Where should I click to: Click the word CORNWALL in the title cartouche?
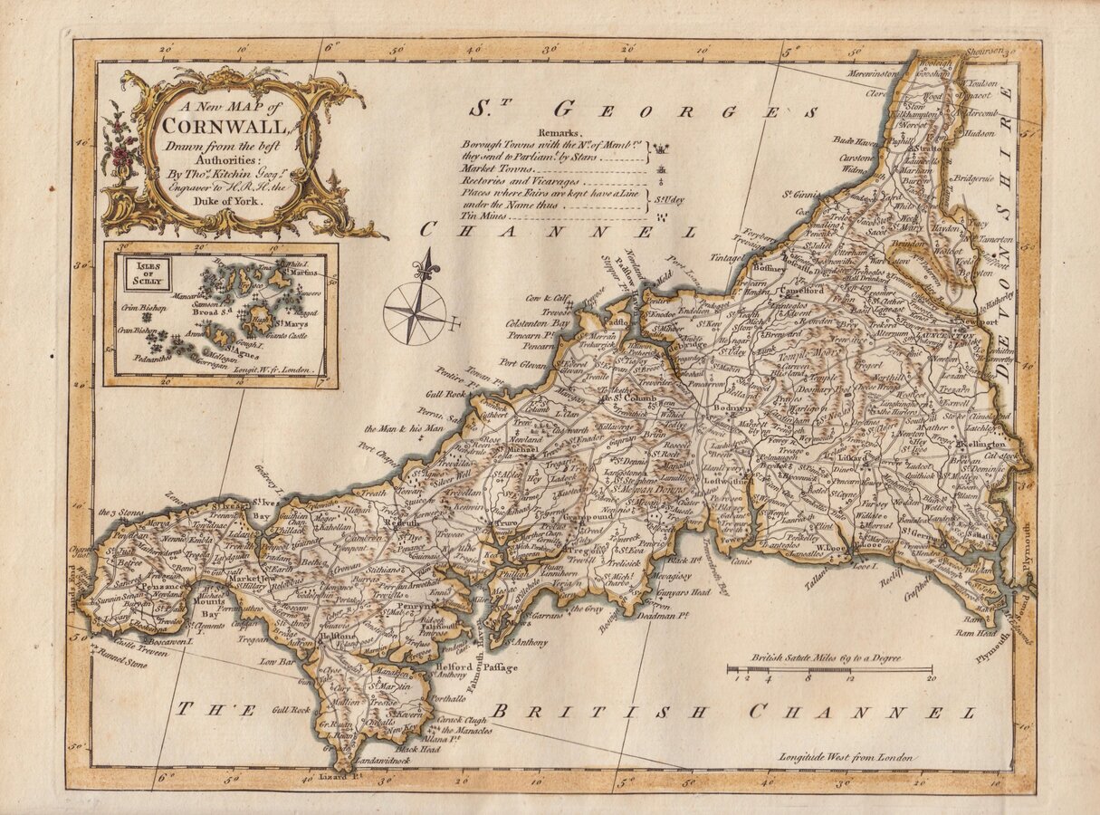(226, 127)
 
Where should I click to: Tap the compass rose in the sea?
(416, 312)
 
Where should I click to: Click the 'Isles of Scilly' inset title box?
(139, 273)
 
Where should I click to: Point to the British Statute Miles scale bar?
(829, 670)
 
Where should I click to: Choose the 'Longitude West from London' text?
(847, 757)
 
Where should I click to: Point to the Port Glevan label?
(524, 366)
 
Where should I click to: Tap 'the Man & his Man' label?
(404, 428)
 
